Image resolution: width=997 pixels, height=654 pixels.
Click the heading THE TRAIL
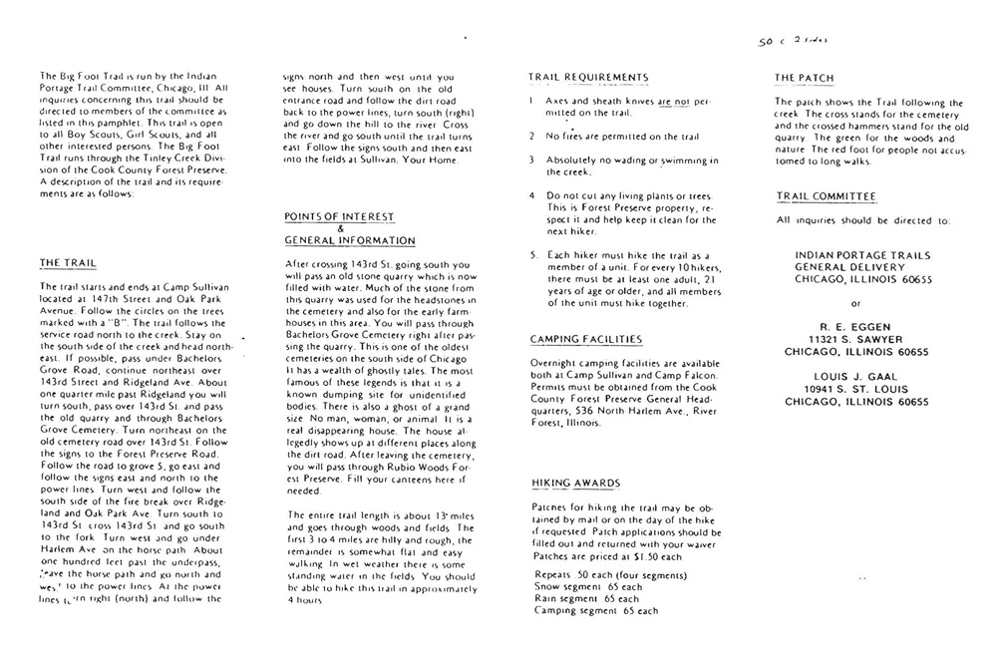[67, 263]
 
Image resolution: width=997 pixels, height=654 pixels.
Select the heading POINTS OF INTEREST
[339, 215]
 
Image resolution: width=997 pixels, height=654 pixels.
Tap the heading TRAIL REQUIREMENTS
[588, 77]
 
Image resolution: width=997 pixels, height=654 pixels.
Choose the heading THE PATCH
[805, 77]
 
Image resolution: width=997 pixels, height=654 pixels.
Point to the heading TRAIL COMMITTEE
[826, 197]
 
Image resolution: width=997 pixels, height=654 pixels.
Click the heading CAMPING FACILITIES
[585, 340]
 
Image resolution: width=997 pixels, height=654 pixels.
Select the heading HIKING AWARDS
[575, 484]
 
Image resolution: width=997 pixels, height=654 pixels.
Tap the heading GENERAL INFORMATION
[350, 240]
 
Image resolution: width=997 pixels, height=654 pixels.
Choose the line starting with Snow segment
[586, 586]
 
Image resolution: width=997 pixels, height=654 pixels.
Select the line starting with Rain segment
[584, 598]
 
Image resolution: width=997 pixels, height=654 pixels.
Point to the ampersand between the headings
[340, 228]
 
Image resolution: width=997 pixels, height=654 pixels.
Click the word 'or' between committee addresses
[853, 302]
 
